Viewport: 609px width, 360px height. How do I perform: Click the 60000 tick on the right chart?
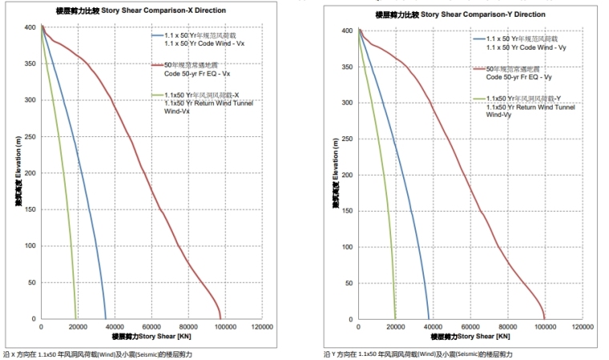470,328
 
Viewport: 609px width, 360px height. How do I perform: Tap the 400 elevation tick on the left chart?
30,27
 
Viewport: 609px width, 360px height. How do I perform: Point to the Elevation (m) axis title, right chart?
333,174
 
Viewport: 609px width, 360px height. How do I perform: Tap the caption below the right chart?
417,353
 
